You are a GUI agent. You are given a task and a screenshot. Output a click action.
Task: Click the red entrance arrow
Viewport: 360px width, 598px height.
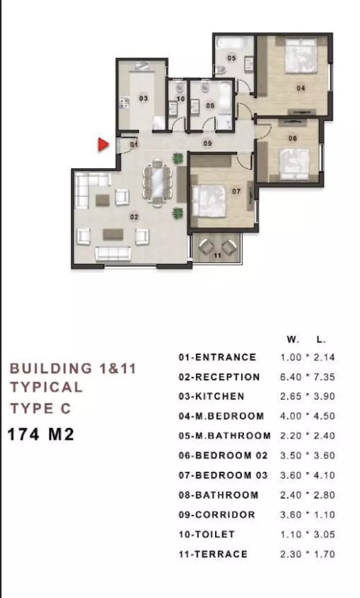pyautogui.click(x=103, y=144)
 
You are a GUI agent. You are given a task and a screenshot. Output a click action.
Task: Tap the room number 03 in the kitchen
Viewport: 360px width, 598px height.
pyautogui.click(x=143, y=99)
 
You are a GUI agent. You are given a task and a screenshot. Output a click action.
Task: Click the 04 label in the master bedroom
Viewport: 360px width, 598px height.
pyautogui.click(x=301, y=88)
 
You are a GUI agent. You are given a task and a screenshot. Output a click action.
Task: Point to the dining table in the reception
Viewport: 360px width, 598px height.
pyautogui.click(x=157, y=182)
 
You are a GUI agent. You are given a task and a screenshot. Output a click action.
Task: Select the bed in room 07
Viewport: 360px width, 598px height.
pyautogui.click(x=209, y=200)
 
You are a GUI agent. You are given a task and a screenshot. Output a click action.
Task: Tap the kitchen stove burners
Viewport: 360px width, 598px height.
pyautogui.click(x=124, y=102)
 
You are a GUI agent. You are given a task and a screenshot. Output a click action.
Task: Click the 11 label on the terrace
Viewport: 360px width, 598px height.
pyautogui.click(x=217, y=256)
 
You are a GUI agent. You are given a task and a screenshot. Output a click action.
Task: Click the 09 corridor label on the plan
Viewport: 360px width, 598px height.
pyautogui.click(x=208, y=144)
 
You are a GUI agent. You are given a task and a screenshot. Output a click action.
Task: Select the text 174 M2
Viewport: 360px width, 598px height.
pyautogui.click(x=41, y=434)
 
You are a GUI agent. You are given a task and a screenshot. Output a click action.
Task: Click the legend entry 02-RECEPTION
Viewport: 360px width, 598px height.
pyautogui.click(x=219, y=377)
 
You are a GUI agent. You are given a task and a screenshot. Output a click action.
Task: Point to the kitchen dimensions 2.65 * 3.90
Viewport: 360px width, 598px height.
pyautogui.click(x=307, y=397)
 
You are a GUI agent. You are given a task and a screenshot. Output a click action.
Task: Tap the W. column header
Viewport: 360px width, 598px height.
pyautogui.click(x=293, y=340)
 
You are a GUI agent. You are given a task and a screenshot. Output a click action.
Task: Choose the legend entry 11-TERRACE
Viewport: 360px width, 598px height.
pyautogui.click(x=213, y=555)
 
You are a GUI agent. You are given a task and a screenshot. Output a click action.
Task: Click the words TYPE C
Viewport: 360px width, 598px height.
pyautogui.click(x=41, y=408)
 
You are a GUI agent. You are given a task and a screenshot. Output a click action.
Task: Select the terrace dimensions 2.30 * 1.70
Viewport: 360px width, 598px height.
pyautogui.click(x=307, y=555)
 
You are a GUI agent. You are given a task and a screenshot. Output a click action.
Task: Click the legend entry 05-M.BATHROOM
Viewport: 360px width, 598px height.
pyautogui.click(x=225, y=436)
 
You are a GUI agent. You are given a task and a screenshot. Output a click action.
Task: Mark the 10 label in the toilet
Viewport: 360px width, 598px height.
pyautogui.click(x=180, y=99)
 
